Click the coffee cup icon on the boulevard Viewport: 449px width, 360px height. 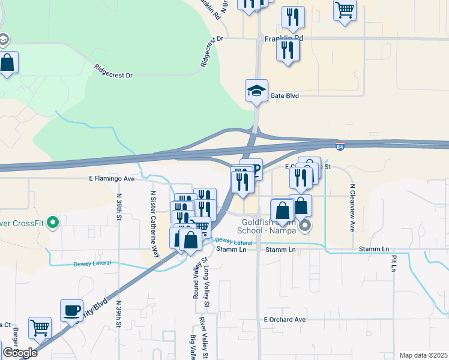tap(72, 310)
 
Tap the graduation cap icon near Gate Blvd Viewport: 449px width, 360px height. tap(256, 91)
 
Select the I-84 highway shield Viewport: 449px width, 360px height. tap(340, 146)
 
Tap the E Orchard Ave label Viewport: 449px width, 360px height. tap(285, 320)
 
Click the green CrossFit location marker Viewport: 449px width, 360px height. tap(53, 223)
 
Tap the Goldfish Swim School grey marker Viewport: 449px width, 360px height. tap(306, 226)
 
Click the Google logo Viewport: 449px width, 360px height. tap(20, 352)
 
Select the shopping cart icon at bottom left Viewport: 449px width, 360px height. tap(40, 328)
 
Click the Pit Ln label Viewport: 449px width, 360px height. tap(394, 263)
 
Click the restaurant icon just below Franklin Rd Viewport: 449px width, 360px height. tap(288, 50)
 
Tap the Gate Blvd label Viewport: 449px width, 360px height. tap(284, 95)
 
